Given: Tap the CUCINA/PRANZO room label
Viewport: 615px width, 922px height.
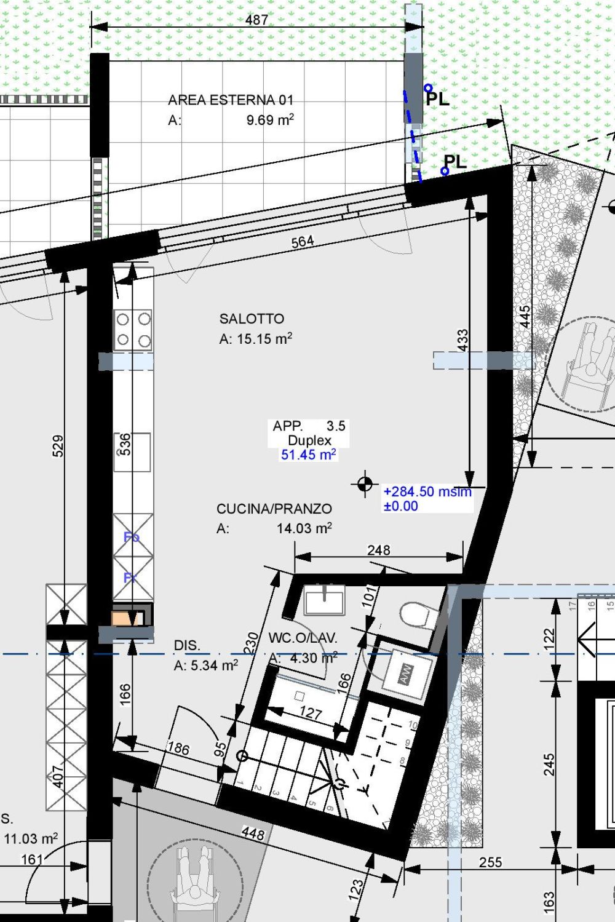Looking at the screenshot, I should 274,509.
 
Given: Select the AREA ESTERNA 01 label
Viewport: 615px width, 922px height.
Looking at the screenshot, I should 231,100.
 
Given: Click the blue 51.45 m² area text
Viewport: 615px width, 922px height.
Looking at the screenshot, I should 308,455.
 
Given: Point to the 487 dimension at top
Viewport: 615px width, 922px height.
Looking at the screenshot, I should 256,20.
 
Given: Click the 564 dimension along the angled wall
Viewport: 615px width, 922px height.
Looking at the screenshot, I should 303,242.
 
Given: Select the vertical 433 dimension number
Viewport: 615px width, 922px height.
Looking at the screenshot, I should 462,340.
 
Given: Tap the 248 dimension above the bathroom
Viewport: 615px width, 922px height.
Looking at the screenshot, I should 378,550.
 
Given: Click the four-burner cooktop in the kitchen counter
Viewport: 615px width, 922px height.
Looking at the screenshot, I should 133,330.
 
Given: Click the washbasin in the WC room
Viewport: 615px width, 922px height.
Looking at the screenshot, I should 324,600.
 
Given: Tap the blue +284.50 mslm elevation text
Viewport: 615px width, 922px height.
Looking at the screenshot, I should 427,491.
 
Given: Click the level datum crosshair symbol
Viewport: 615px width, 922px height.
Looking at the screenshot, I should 365,484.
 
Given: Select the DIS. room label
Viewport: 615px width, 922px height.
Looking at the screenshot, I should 187,645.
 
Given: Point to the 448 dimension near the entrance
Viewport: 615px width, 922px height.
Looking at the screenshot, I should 253,833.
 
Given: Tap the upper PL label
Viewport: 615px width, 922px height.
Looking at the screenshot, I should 437,98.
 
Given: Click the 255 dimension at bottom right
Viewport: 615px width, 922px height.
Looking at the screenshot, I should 490,862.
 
